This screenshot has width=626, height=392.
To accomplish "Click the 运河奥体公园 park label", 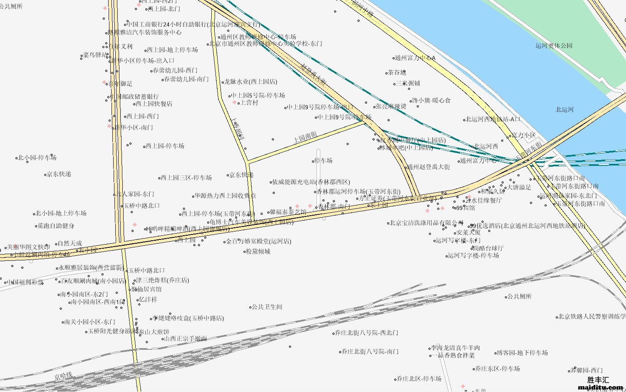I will (554, 46).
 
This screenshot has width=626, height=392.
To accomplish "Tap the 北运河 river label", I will (564, 109).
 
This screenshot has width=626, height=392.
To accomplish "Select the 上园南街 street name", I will (305, 136).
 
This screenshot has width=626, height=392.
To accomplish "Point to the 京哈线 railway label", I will (63, 376).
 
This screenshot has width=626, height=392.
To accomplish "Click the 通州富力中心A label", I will (415, 58).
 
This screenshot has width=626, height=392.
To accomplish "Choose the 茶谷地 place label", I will (397, 72).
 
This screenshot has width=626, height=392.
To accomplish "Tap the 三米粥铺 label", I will (408, 83).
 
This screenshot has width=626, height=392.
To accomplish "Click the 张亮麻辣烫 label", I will (391, 106).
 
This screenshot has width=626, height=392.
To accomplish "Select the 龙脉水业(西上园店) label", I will (251, 82).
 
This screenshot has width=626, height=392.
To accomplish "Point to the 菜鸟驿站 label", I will (95, 55).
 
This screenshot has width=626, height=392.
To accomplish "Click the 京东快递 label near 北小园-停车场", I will (59, 174).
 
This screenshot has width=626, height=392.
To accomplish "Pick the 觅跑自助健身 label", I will (56, 226).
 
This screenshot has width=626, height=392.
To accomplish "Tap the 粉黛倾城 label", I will (258, 252).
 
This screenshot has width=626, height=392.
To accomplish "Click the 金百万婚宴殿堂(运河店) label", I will (259, 241).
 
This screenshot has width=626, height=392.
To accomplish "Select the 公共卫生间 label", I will (267, 307).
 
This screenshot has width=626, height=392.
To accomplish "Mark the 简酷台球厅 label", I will (488, 248).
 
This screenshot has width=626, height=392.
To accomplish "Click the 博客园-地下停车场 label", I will (522, 353).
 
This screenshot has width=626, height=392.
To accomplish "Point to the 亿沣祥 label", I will (148, 300).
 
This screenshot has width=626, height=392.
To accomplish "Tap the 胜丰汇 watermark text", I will (598, 380).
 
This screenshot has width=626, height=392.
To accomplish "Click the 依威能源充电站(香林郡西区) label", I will (311, 182).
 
